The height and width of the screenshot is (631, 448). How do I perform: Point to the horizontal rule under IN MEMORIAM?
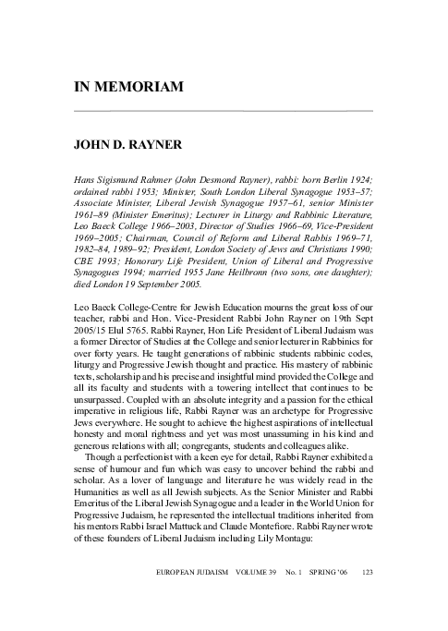coord(223,111)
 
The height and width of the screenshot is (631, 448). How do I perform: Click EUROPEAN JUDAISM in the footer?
coord(190,597)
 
